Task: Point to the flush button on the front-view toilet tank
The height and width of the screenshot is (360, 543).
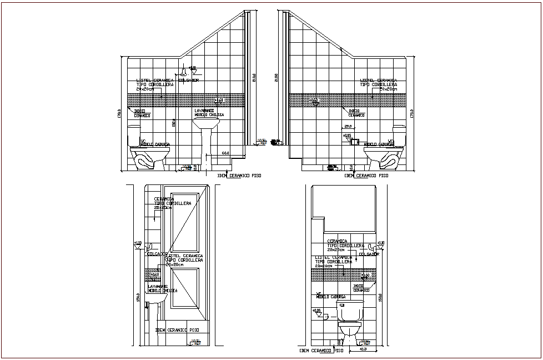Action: [343, 304]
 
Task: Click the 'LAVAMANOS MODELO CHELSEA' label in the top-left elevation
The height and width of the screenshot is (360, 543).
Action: [209, 113]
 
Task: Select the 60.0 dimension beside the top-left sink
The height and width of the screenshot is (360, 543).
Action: [225, 153]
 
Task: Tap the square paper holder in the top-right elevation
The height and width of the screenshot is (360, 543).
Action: [354, 142]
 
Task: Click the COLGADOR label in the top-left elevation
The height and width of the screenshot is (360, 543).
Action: [189, 81]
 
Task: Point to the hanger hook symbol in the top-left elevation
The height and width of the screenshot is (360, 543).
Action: [183, 72]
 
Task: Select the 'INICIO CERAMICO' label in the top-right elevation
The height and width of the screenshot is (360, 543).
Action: [357, 113]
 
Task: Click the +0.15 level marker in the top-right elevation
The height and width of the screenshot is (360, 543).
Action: [348, 136]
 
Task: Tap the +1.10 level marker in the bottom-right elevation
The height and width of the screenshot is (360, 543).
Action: [380, 243]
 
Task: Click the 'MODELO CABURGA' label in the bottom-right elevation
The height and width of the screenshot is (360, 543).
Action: [328, 297]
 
